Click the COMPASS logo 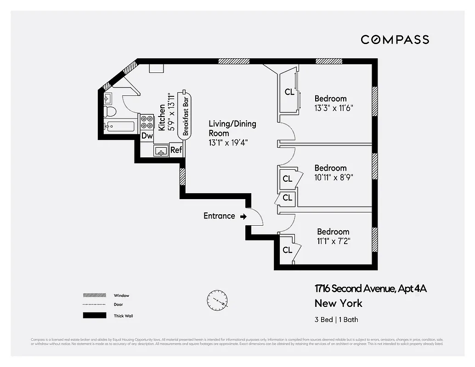(x=395, y=40)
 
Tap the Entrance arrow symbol (x=243, y=216)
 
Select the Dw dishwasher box (x=147, y=136)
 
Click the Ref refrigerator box (x=176, y=150)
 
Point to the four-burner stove (x=147, y=122)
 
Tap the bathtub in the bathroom (x=119, y=127)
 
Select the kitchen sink (x=161, y=150)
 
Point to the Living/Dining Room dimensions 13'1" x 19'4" (x=228, y=142)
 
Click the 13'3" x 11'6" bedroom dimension (x=334, y=108)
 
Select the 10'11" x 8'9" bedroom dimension (x=334, y=177)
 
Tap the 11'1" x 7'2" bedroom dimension (x=334, y=241)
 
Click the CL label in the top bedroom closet (x=289, y=92)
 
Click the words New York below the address (x=338, y=303)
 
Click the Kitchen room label (x=162, y=118)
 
